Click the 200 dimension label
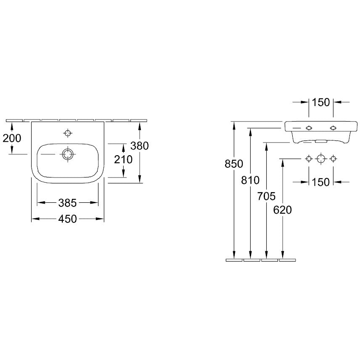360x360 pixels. (12, 138)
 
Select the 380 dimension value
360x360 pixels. (140, 146)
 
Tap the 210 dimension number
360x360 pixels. (123, 159)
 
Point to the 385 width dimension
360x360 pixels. (67, 203)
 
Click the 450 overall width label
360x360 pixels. (67, 219)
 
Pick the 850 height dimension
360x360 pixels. (234, 164)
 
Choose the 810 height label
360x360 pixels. (250, 180)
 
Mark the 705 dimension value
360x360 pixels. (266, 196)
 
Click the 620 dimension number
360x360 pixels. (282, 210)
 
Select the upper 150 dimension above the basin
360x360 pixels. (321, 102)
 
